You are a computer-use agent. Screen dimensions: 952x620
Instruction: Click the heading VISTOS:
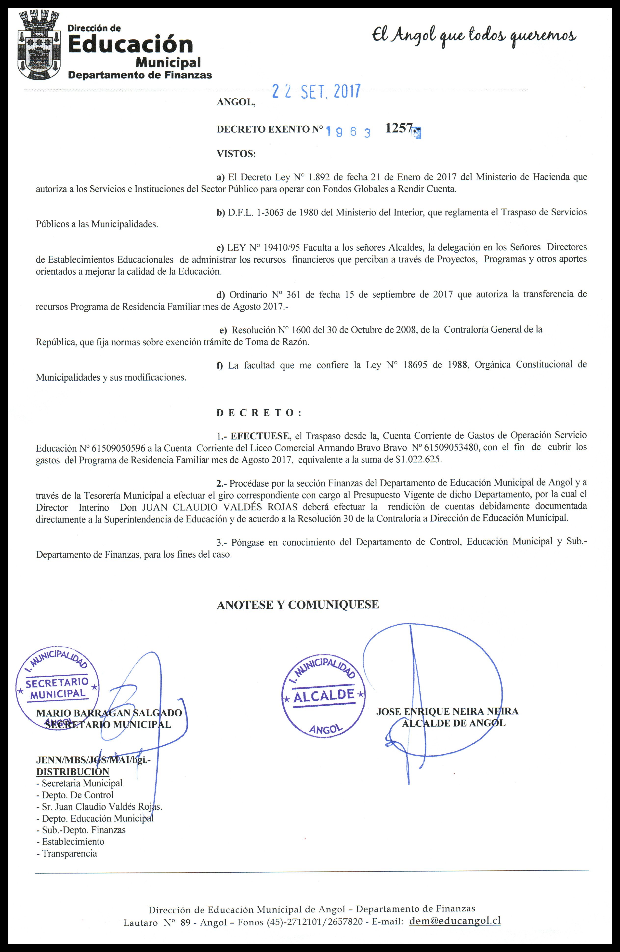236,154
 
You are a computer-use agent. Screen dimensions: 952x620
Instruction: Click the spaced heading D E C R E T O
259,413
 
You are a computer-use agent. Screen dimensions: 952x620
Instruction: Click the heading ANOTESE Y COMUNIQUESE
298,604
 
